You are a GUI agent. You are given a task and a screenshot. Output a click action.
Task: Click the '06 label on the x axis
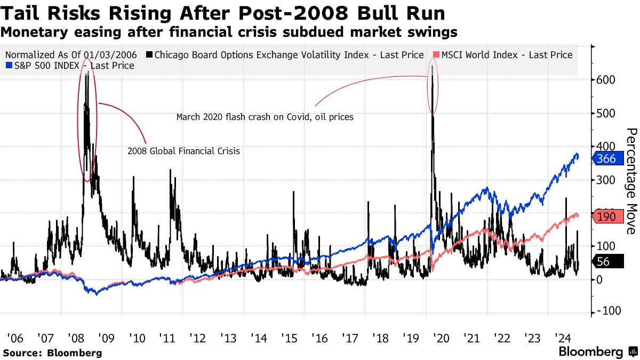click(x=14, y=338)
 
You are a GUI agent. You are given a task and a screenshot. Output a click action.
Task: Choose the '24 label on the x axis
click(x=562, y=338)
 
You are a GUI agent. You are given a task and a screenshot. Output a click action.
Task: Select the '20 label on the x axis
click(x=441, y=338)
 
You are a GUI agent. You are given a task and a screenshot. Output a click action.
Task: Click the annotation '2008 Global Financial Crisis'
click(x=183, y=151)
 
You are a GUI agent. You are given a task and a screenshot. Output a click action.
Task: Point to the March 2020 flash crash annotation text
click(x=265, y=117)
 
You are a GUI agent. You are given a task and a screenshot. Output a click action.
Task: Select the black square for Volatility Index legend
click(x=149, y=55)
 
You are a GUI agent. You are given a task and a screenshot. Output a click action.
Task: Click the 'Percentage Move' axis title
click(x=630, y=181)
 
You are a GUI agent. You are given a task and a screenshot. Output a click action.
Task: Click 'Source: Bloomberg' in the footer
click(x=52, y=353)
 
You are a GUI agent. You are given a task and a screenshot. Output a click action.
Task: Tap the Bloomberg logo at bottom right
click(x=597, y=352)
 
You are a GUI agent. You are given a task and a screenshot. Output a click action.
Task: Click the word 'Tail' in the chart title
click(x=23, y=13)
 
